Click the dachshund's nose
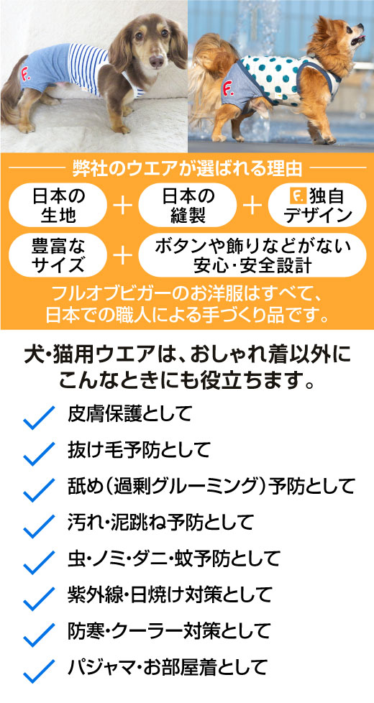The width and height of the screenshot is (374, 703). pyautogui.click(x=156, y=61)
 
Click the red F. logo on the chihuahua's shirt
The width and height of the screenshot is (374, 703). pyautogui.click(x=228, y=86)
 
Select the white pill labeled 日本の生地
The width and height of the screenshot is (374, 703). pyautogui.click(x=58, y=205)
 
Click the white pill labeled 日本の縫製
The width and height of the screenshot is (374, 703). pyautogui.click(x=188, y=205)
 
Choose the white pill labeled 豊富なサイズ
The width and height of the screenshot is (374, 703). pyautogui.click(x=58, y=254)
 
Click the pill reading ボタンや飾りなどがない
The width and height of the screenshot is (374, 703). pyautogui.click(x=252, y=254)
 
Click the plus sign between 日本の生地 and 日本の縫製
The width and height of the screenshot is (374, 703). pyautogui.click(x=123, y=206)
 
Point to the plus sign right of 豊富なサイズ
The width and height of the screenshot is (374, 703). pyautogui.click(x=123, y=255)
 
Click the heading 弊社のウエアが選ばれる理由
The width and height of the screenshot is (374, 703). pyautogui.click(x=187, y=169)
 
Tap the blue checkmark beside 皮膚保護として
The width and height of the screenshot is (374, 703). pyautogui.click(x=38, y=418)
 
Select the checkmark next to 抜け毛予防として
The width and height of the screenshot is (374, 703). pyautogui.click(x=38, y=454)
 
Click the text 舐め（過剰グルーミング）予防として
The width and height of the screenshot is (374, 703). pyautogui.click(x=211, y=485)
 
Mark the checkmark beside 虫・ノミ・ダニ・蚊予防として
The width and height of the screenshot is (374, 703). pyautogui.click(x=38, y=562)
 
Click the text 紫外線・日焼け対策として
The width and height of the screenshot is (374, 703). pyautogui.click(x=170, y=594)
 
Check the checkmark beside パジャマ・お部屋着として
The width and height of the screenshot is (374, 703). pyautogui.click(x=38, y=671)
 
